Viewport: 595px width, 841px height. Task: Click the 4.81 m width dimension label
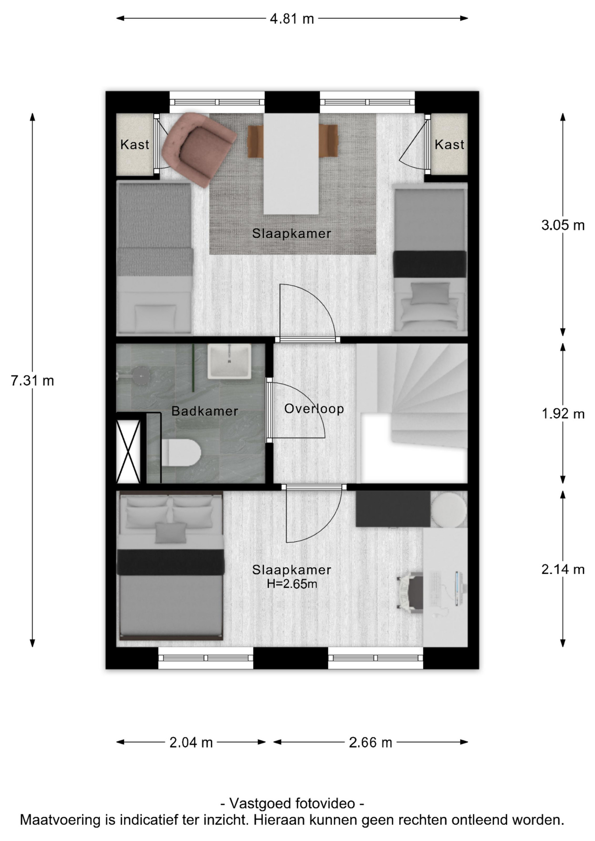(x=292, y=19)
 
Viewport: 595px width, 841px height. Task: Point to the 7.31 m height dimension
(x=32, y=381)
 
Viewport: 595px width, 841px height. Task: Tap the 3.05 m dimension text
(x=563, y=225)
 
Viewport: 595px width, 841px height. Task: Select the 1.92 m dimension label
(x=563, y=413)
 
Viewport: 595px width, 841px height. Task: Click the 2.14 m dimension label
(x=563, y=569)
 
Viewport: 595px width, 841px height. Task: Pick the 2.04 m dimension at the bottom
(x=191, y=742)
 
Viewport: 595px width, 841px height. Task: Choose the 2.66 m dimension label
(x=370, y=742)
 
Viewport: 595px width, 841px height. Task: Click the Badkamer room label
(x=205, y=411)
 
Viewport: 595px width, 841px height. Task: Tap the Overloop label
(x=314, y=409)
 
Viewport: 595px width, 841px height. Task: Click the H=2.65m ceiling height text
(x=292, y=584)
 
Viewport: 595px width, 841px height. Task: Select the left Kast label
(x=135, y=145)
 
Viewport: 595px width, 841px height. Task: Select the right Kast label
(x=450, y=145)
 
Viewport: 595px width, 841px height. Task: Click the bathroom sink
(x=229, y=361)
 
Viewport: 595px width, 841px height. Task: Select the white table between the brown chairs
(x=291, y=164)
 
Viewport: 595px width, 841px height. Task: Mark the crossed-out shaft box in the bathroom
(x=128, y=451)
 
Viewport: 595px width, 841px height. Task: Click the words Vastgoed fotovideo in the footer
(x=292, y=803)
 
